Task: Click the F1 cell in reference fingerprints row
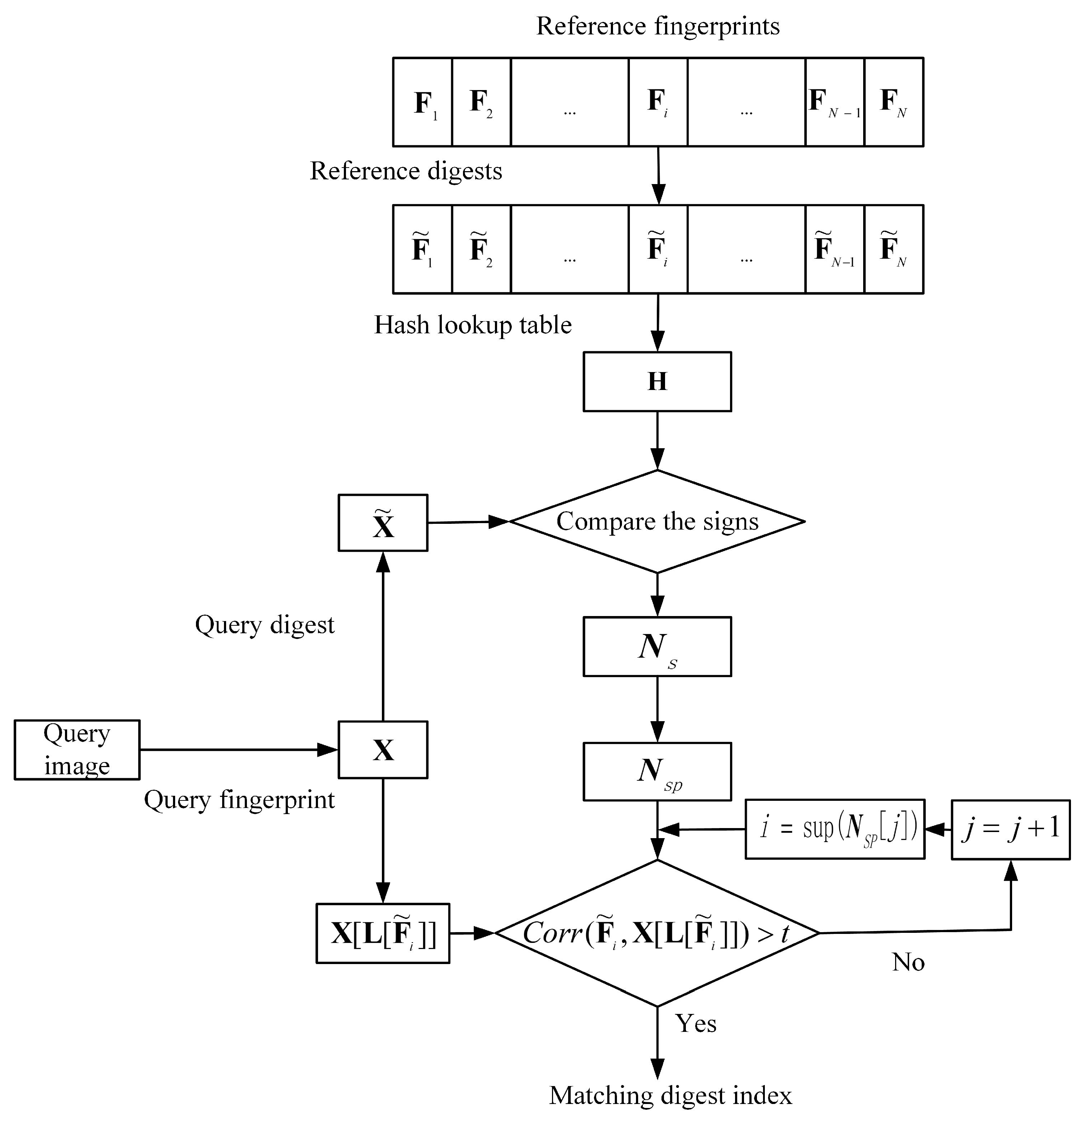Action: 422,102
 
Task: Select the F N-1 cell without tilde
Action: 834,102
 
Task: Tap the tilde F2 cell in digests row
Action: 481,249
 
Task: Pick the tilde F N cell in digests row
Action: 893,249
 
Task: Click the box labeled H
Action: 657,382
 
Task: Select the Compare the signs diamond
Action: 657,521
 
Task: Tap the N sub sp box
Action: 657,772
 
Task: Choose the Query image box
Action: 77,750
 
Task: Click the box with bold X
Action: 383,750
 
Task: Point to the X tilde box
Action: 383,522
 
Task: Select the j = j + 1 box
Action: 1010,829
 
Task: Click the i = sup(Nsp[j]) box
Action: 834,829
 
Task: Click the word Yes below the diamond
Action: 696,1023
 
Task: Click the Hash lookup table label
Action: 473,325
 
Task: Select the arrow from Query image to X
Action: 238,750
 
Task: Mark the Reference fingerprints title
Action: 657,26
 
